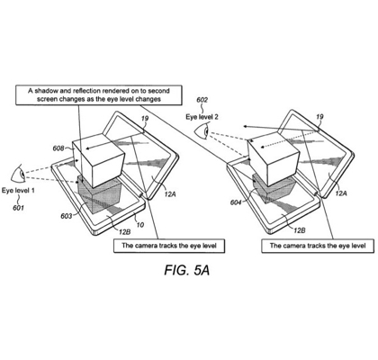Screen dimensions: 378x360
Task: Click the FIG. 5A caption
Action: pos(186,270)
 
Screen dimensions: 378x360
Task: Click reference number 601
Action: pos(18,207)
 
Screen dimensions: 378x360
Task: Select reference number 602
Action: pos(202,100)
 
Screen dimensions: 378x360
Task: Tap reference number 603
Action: pos(66,216)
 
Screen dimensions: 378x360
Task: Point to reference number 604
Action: pos(236,202)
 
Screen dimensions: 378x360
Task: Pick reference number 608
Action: pos(58,148)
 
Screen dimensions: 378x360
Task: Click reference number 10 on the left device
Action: pos(140,224)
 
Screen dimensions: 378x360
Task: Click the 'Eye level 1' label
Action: pos(18,190)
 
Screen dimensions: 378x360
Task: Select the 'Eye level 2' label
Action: pos(202,117)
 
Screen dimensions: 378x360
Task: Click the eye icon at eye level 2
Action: pos(202,131)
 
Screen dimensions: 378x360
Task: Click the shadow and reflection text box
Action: pos(99,95)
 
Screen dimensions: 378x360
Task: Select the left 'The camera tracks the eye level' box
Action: pos(169,246)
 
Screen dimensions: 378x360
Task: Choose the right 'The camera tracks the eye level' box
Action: pos(318,246)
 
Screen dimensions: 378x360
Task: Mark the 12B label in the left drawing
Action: pos(125,231)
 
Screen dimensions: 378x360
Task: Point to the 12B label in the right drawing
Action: pos(300,230)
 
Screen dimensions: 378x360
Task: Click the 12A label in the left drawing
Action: pos(170,194)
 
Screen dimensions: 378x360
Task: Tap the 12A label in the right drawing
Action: pos(341,193)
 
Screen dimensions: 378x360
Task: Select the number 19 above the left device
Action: pos(145,118)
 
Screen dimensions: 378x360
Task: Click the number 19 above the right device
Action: pos(319,117)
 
